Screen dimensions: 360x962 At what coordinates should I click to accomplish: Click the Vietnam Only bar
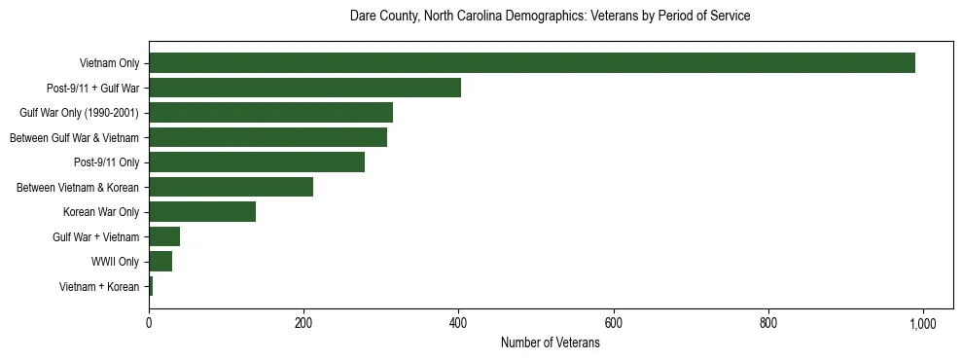pyautogui.click(x=531, y=63)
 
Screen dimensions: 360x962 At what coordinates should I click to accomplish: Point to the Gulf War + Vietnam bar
pyautogui.click(x=164, y=236)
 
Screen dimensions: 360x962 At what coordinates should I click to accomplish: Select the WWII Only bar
pyautogui.click(x=160, y=262)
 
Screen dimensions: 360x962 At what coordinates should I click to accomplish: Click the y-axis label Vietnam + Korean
pyautogui.click(x=99, y=286)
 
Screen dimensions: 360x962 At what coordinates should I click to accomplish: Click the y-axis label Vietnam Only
pyautogui.click(x=109, y=63)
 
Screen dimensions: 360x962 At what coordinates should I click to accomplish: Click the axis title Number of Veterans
pyautogui.click(x=550, y=343)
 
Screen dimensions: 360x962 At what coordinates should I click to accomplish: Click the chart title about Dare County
pyautogui.click(x=550, y=17)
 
